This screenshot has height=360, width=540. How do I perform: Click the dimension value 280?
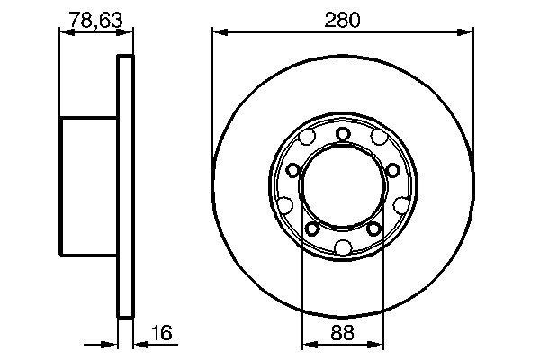[343, 18]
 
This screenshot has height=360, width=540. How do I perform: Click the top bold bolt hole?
[343, 134]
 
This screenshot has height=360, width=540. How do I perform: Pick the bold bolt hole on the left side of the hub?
[292, 171]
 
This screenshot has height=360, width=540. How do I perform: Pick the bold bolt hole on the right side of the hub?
[393, 171]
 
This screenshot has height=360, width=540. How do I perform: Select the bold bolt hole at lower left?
[311, 229]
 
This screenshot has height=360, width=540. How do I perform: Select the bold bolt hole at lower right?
[374, 229]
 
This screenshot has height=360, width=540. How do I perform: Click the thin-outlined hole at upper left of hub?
[307, 139]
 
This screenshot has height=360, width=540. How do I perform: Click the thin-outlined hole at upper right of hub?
[379, 139]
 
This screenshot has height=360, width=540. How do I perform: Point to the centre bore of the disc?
[343, 191]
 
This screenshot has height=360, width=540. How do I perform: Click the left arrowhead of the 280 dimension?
[219, 33]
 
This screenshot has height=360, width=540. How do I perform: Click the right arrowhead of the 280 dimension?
[467, 33]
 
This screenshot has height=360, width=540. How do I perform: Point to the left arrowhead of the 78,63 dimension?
[65, 32]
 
